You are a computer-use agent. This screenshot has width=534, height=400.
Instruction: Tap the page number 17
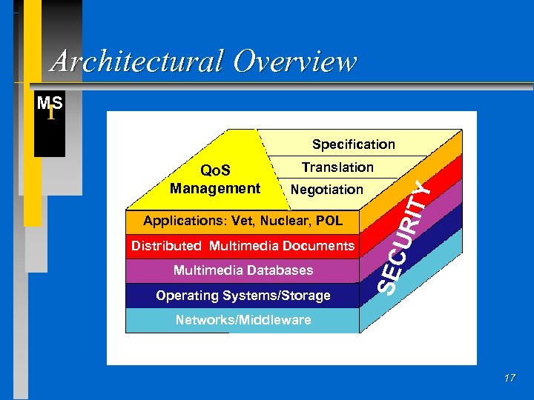(x=509, y=379)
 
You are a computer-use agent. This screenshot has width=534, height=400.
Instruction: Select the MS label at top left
(x=50, y=103)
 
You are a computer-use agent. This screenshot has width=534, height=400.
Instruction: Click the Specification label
(x=353, y=144)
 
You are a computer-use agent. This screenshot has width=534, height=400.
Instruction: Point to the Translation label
(x=337, y=167)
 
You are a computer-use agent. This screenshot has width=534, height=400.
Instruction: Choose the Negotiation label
(x=327, y=190)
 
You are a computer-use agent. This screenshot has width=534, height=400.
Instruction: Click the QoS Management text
(x=215, y=180)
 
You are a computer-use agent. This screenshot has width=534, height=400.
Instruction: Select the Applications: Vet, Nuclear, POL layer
(x=243, y=221)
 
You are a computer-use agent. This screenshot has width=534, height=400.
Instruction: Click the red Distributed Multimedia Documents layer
(x=243, y=246)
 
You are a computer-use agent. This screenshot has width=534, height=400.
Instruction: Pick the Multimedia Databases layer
(x=243, y=270)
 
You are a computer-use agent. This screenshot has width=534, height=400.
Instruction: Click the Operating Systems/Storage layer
(x=243, y=296)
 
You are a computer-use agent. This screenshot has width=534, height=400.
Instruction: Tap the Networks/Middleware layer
(x=243, y=320)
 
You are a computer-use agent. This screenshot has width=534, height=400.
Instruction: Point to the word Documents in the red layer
(x=319, y=246)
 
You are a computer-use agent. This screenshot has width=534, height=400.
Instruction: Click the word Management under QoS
(x=215, y=189)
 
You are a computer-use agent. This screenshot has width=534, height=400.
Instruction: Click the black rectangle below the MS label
(x=50, y=137)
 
